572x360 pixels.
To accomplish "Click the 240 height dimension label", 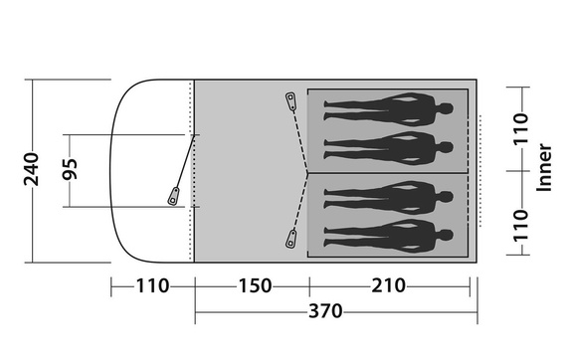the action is (x=31, y=169).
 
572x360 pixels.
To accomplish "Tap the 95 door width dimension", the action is (x=70, y=169).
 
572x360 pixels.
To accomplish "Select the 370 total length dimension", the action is (x=325, y=312).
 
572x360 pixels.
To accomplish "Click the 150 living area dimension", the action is (x=255, y=286).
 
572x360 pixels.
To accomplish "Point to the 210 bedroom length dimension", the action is (x=389, y=286).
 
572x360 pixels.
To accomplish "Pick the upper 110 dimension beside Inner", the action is (x=521, y=128).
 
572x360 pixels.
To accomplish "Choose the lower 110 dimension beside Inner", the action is (x=521, y=226).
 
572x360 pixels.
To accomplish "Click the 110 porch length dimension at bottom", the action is (x=152, y=286).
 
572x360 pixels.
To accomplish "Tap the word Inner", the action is (x=544, y=167).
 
